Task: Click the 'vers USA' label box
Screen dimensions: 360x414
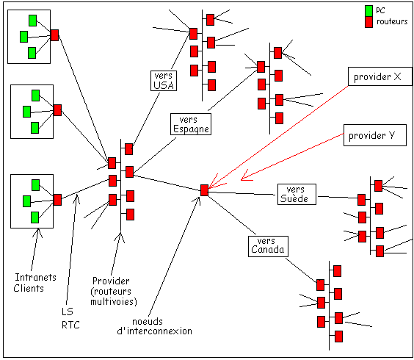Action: point(161,80)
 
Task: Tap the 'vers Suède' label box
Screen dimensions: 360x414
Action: point(297,194)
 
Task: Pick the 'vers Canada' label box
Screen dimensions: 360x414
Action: point(266,245)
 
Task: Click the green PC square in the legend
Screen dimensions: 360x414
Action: point(368,10)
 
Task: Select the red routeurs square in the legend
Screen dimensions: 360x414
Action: point(368,23)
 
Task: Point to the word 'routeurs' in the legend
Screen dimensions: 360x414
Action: point(392,23)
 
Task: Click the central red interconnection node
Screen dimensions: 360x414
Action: point(204,190)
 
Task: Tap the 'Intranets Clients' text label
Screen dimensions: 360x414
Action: point(30,282)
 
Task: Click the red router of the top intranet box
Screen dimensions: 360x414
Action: point(55,35)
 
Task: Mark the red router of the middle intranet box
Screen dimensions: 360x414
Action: point(57,110)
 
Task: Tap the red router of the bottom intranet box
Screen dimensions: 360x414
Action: point(57,199)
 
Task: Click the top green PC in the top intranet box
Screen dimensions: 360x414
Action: point(32,19)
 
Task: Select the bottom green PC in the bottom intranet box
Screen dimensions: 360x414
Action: point(34,217)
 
